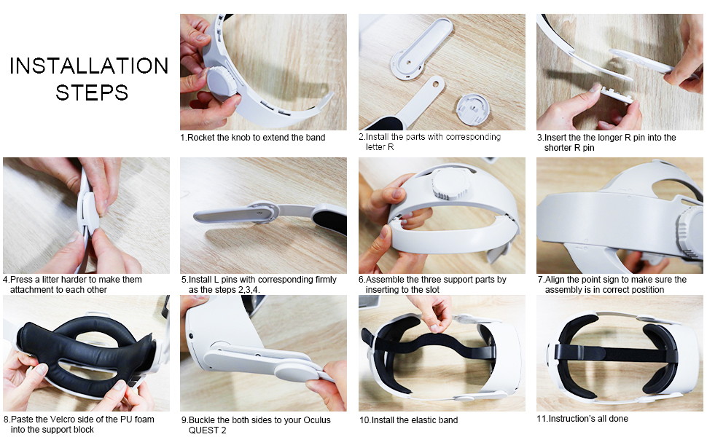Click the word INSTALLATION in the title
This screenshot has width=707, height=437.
(89, 66)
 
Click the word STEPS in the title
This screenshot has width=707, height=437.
(92, 92)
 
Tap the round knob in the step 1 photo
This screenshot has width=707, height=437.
(222, 83)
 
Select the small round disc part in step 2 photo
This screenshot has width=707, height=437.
(472, 109)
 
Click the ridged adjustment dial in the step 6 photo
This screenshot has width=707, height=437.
(450, 184)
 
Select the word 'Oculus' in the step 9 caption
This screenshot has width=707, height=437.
(317, 420)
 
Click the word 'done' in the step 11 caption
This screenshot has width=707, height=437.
(618, 419)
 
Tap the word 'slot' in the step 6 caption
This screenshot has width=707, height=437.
(431, 290)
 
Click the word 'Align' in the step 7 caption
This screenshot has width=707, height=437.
(557, 280)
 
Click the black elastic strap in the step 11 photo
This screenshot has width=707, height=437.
(615, 353)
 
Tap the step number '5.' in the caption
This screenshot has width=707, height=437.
(184, 280)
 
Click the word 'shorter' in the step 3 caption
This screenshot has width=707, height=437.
(559, 148)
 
